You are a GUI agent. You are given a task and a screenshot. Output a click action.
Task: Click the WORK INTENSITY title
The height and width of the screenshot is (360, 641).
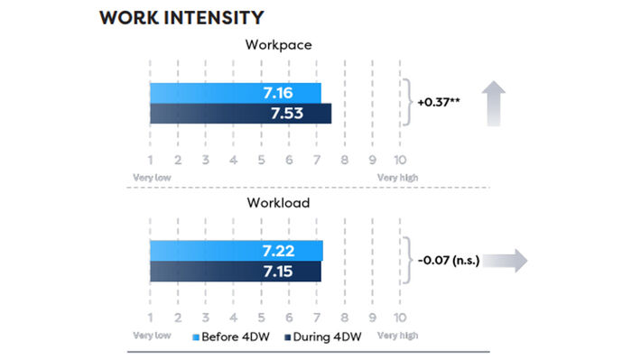tap(181, 17)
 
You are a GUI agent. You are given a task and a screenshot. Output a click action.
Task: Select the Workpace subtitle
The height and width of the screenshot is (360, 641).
tap(278, 44)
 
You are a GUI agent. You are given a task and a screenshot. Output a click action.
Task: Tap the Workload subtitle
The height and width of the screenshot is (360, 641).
tap(278, 203)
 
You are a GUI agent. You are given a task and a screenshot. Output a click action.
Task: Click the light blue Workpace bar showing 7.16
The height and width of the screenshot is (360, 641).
tap(236, 93)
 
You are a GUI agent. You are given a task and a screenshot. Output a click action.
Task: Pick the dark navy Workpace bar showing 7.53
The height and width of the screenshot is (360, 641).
tap(241, 113)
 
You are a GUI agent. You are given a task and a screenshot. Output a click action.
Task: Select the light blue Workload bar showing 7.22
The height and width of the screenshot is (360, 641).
tap(237, 251)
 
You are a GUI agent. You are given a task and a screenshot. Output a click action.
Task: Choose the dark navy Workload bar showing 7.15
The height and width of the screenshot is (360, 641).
tap(236, 271)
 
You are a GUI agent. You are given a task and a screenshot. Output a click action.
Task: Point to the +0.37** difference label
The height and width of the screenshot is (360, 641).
tap(439, 102)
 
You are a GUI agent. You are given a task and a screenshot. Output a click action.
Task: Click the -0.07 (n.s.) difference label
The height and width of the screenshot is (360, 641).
tap(449, 260)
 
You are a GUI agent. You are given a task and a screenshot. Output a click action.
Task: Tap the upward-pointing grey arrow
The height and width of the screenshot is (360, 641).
tap(494, 104)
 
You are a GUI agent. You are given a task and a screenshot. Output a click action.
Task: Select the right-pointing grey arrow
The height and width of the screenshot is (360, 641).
tap(506, 260)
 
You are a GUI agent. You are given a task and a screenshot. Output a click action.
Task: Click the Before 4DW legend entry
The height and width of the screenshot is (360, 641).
tap(231, 337)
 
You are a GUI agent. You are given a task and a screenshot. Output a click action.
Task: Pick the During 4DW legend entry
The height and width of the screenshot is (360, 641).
tap(323, 337)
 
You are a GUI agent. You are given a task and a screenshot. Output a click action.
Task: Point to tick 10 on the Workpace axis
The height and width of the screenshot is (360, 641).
tap(400, 160)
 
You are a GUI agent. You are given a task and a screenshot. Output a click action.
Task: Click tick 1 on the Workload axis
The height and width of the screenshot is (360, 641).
tap(151, 318)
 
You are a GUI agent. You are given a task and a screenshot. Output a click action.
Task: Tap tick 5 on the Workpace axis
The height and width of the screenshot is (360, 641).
tap(261, 160)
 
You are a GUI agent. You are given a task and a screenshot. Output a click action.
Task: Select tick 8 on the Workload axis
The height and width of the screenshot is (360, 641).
tap(345, 318)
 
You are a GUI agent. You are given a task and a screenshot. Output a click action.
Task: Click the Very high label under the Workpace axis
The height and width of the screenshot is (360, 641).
tap(397, 178)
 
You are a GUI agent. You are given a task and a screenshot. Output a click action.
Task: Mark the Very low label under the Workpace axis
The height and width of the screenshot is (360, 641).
tap(152, 178)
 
